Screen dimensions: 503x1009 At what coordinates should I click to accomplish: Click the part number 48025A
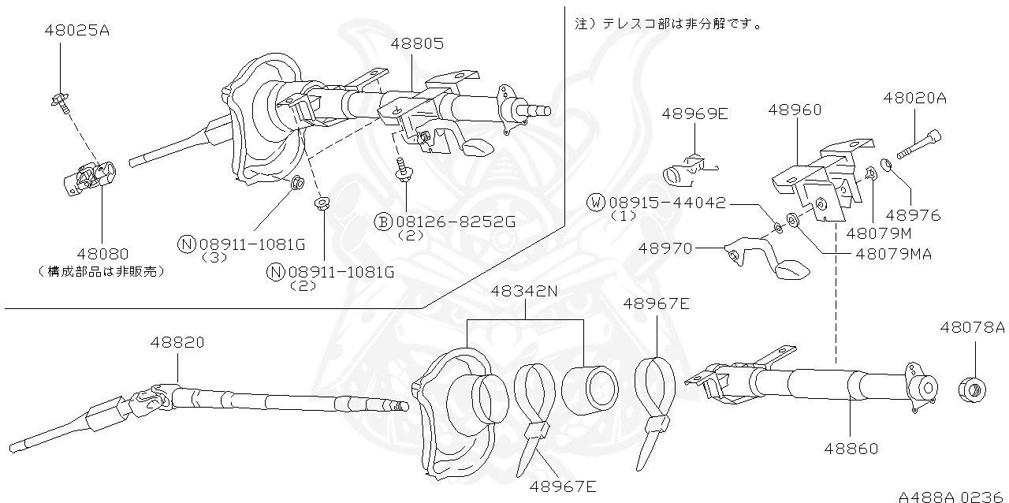click(x=76, y=31)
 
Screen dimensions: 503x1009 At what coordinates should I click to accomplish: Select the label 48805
click(x=416, y=44)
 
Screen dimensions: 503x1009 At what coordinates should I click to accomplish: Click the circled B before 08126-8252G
click(x=383, y=222)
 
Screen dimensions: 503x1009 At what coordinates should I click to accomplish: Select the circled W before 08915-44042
click(x=597, y=203)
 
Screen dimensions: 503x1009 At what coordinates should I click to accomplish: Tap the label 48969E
click(x=694, y=114)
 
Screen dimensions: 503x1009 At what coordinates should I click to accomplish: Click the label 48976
click(x=914, y=214)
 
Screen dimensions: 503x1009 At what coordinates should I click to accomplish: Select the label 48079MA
click(x=893, y=254)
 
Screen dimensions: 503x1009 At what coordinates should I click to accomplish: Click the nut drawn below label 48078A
click(x=971, y=389)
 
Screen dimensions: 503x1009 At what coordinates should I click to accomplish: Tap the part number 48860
click(x=851, y=449)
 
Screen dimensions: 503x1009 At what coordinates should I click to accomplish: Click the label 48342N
click(x=524, y=291)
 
